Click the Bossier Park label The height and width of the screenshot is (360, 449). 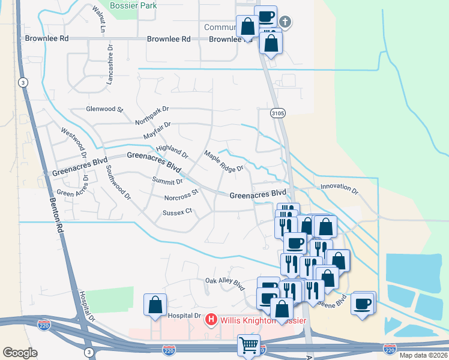click(133, 5)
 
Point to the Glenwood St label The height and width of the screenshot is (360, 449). click(104, 110)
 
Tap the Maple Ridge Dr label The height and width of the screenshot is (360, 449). click(223, 161)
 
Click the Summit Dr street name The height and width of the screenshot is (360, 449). click(167, 181)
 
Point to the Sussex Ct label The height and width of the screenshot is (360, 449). click(176, 211)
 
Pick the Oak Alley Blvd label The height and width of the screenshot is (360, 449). click(225, 281)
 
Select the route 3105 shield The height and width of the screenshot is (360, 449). click(277, 112)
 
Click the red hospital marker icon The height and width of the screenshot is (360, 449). click(211, 319)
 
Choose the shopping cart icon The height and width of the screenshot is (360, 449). click(249, 345)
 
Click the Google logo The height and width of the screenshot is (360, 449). click(20, 352)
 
